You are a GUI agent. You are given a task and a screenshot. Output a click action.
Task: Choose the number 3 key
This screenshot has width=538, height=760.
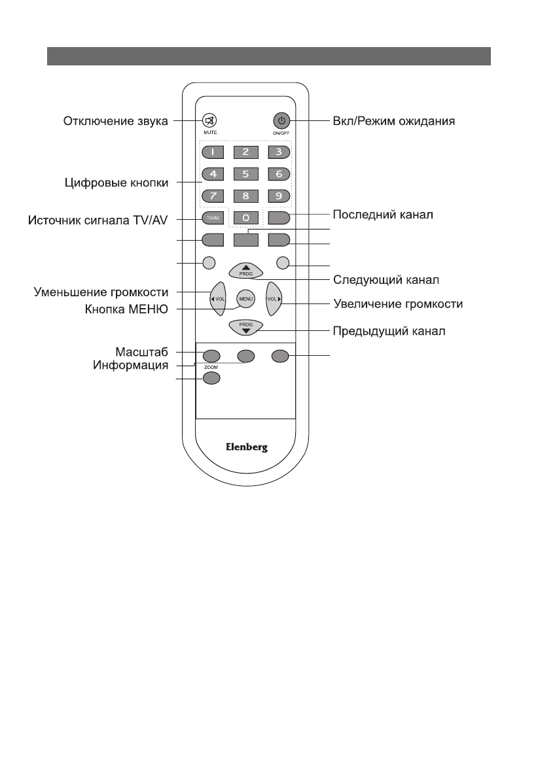(x=278, y=153)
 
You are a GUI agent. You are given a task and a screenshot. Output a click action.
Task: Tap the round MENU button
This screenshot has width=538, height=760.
(x=245, y=299)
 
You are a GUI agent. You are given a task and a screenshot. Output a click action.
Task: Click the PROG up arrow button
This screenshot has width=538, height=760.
(x=245, y=270)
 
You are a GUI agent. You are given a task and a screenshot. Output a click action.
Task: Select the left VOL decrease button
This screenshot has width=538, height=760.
(x=217, y=299)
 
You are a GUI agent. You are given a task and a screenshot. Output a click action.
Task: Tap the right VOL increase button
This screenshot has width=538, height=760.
(x=274, y=299)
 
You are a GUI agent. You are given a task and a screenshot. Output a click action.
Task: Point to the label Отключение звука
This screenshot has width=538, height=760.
(x=116, y=121)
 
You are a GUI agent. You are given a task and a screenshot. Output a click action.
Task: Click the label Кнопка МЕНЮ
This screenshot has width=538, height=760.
(x=128, y=310)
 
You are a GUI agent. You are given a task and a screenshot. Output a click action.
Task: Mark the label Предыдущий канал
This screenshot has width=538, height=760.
(x=390, y=331)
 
